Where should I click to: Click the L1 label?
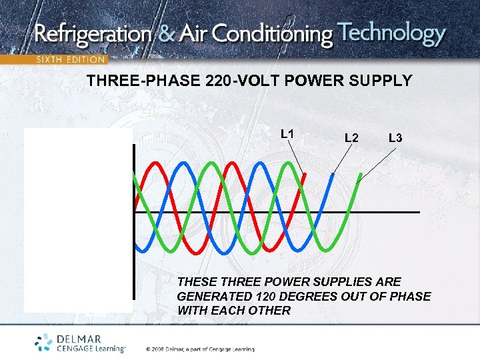[x=287, y=134]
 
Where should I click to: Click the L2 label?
[x=351, y=138]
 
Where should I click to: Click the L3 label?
[x=395, y=138]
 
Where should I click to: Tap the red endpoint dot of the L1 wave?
[x=305, y=175]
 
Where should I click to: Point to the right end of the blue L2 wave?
[x=333, y=175]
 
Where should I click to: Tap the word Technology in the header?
[x=391, y=33]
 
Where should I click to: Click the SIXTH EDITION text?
[x=70, y=59]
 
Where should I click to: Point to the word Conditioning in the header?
[x=280, y=35]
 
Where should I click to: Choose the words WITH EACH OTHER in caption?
[x=234, y=311]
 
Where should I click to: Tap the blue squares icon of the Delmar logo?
[x=44, y=342]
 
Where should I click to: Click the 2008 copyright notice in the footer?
[x=200, y=349]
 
